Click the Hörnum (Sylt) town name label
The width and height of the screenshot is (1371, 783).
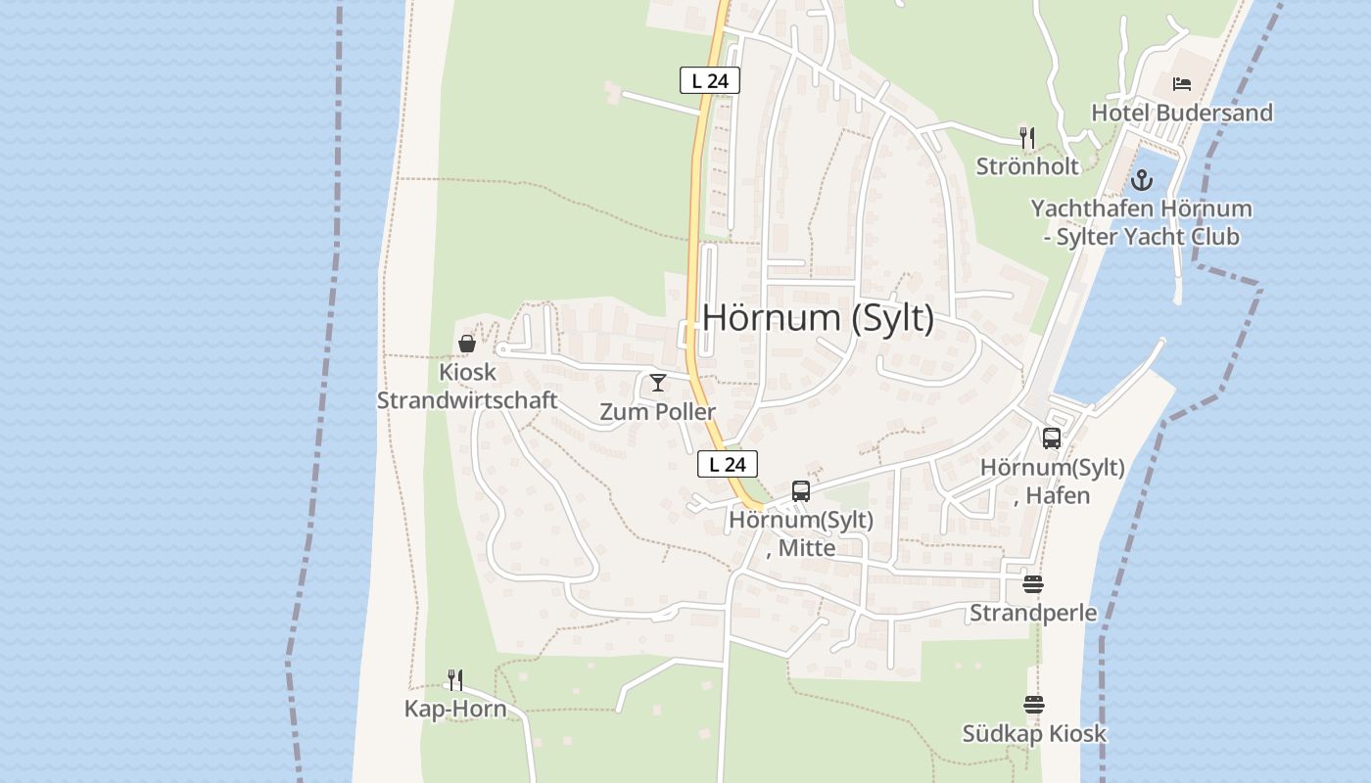(818, 318)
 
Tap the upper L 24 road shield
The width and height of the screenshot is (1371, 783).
(709, 80)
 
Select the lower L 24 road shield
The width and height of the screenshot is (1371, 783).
(728, 464)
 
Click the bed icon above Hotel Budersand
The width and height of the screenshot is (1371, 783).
(1182, 84)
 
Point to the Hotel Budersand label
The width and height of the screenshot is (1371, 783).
(1182, 113)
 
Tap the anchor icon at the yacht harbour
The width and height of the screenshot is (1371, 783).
(1142, 180)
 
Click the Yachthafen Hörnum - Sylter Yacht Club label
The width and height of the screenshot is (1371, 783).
(1141, 222)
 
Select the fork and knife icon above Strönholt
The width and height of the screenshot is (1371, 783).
(1026, 138)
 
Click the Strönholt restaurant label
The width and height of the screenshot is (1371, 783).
(1027, 166)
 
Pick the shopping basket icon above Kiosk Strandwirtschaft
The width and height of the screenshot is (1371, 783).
(467, 344)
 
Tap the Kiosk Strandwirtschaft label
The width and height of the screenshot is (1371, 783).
(467, 387)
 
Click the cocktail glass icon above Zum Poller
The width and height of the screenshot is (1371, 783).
(657, 382)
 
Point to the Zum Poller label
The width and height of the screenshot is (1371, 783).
(657, 411)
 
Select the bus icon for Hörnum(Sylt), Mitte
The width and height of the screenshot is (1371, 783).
(800, 491)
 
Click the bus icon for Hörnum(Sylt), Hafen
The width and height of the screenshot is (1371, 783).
(1052, 438)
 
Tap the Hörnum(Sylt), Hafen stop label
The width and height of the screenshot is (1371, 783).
(1052, 481)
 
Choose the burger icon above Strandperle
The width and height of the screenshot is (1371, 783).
(1033, 584)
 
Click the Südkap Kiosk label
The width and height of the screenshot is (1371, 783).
(1033, 733)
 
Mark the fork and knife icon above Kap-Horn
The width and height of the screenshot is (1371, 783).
(455, 679)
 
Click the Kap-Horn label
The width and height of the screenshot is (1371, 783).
(455, 709)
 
